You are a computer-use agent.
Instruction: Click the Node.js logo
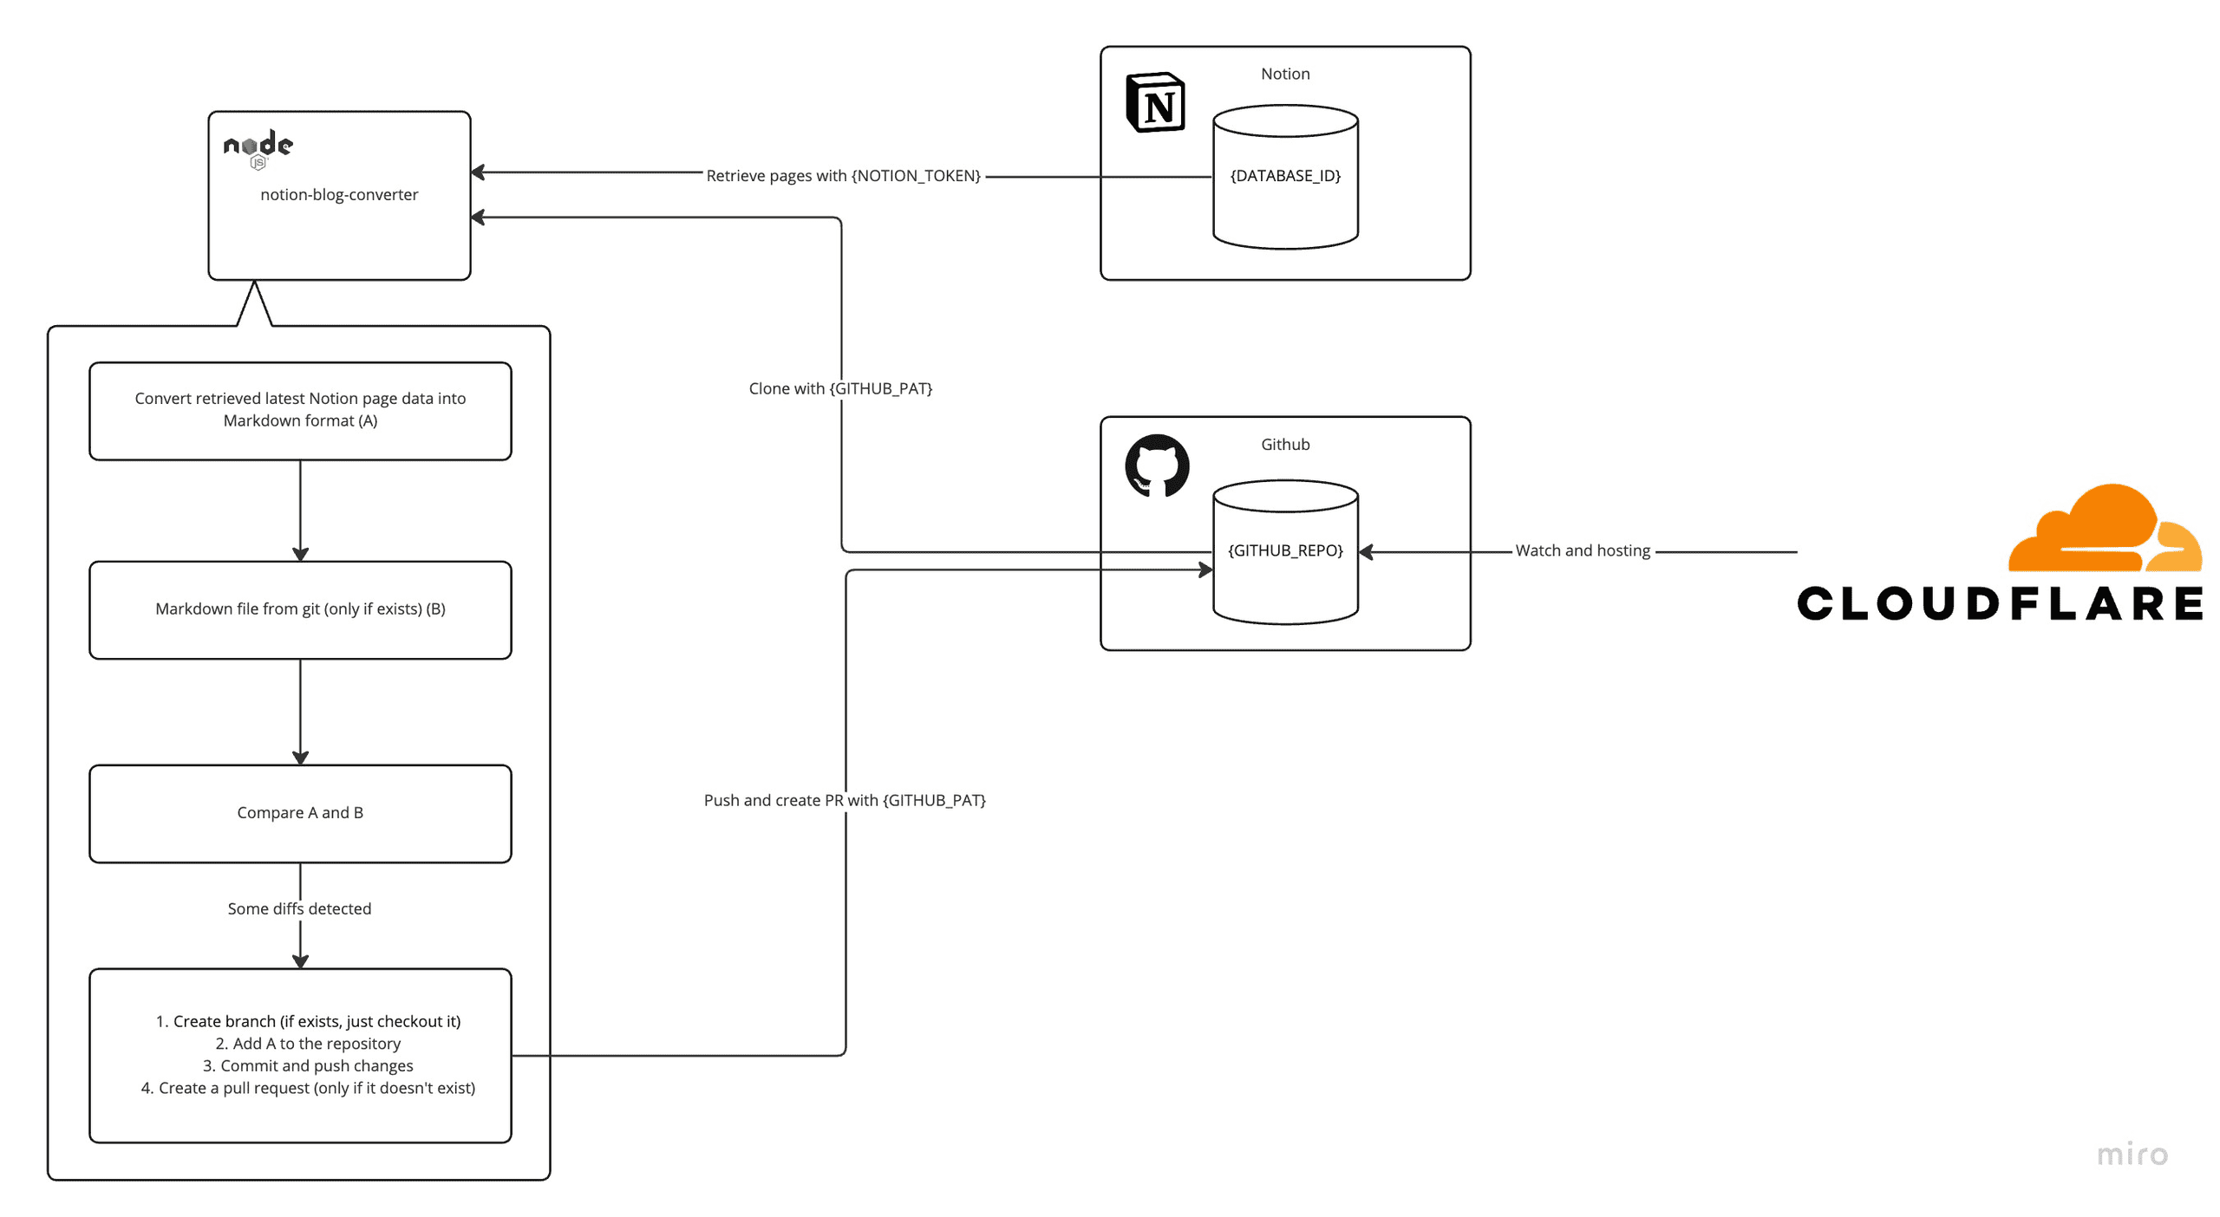click(258, 147)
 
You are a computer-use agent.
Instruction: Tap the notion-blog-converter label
click(338, 194)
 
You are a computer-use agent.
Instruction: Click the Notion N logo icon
click(1154, 102)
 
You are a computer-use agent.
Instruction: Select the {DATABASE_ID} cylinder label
click(1284, 175)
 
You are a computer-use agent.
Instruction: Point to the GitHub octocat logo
click(1156, 465)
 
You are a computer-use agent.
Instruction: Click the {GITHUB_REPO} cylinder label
click(1284, 550)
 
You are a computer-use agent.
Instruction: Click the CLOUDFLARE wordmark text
click(1999, 603)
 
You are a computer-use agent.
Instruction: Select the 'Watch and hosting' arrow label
click(1582, 550)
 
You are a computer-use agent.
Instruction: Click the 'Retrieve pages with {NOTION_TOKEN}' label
click(843, 175)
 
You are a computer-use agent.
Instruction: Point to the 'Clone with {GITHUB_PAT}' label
click(839, 387)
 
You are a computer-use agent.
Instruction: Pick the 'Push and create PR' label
click(844, 799)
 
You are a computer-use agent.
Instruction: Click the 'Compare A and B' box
click(300, 812)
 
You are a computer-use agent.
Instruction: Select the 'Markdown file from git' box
click(300, 608)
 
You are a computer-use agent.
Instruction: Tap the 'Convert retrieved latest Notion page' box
click(300, 409)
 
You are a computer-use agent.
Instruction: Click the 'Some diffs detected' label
click(299, 908)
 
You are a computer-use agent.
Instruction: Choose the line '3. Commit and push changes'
click(308, 1064)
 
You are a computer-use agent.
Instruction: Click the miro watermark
click(2131, 1154)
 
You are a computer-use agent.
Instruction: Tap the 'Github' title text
click(1284, 444)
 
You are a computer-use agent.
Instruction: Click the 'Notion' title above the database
click(1284, 74)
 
